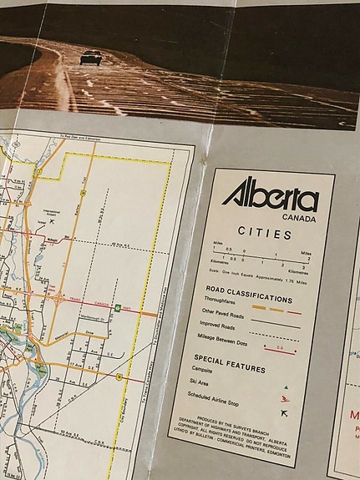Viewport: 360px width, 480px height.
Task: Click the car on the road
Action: pyautogui.click(x=91, y=57)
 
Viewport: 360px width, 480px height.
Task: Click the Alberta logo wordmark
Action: pyautogui.click(x=270, y=198)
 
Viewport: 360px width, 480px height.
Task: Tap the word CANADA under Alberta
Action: pyautogui.click(x=299, y=218)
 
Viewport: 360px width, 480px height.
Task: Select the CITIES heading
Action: pyautogui.click(x=263, y=235)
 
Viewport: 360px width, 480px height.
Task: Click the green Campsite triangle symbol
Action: pyautogui.click(x=286, y=387)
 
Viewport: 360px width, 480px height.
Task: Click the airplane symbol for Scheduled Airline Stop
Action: pyautogui.click(x=284, y=412)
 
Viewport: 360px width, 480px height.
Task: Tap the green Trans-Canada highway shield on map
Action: pyautogui.click(x=117, y=307)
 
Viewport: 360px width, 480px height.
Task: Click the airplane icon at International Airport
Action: pyautogui.click(x=52, y=221)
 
